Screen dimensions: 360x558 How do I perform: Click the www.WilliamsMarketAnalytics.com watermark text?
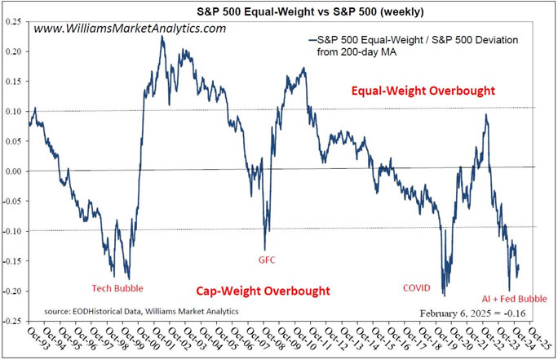coord(131,29)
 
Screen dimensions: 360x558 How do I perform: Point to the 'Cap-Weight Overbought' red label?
coord(263,291)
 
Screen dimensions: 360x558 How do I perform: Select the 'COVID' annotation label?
coord(421,287)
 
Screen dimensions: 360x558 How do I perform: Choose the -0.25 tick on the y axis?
coord(11,322)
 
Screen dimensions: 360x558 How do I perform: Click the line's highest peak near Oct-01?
coord(162,36)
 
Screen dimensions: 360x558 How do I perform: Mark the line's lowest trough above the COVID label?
coord(444,296)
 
